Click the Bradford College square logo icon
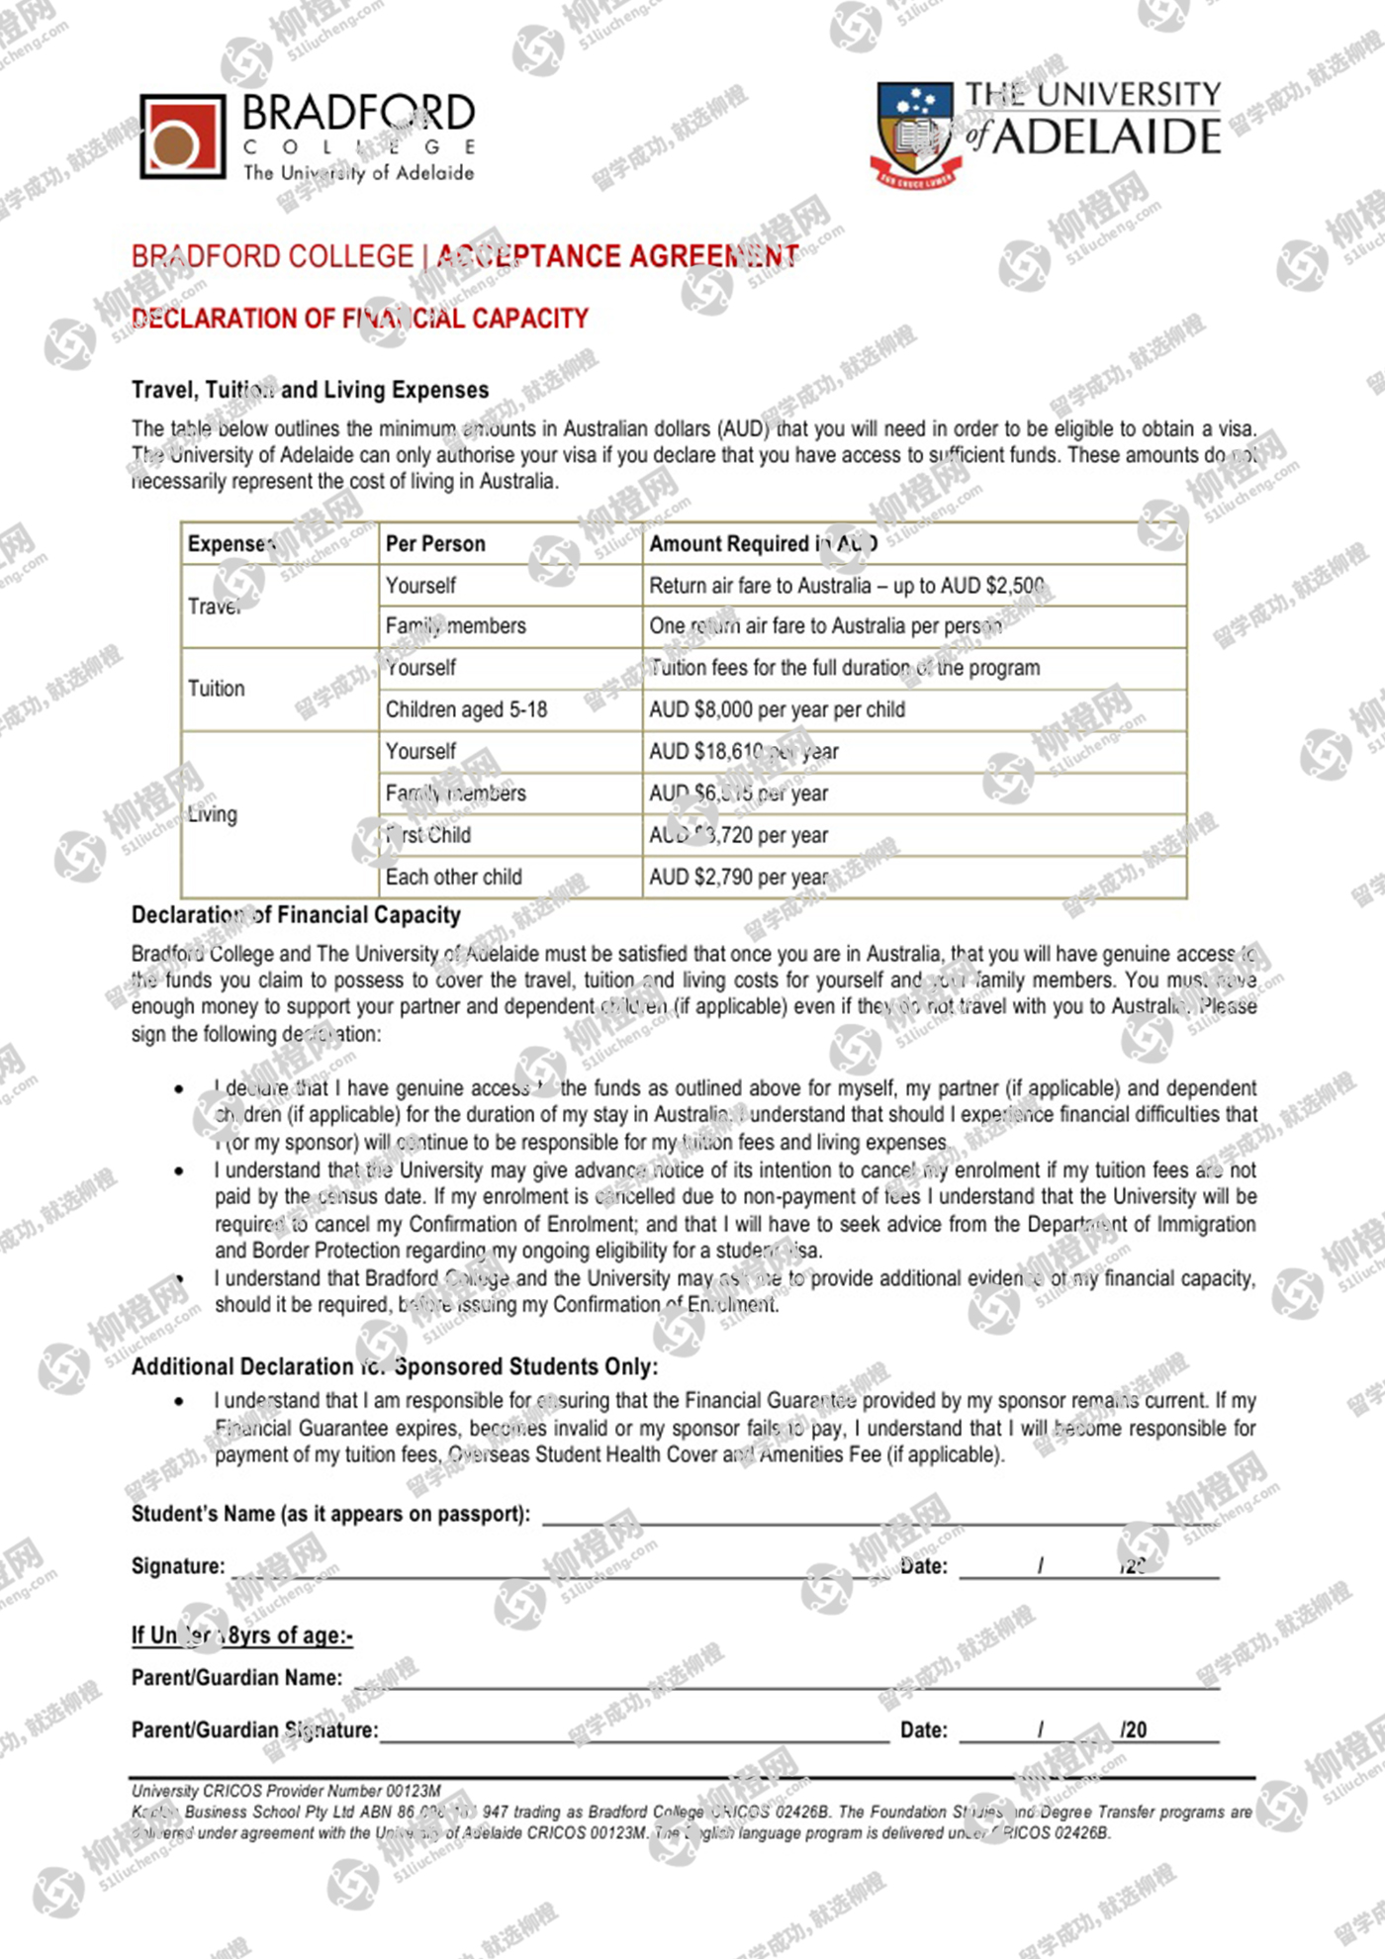click(x=182, y=137)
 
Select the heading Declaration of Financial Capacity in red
click(x=360, y=319)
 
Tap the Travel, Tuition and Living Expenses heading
click(x=310, y=390)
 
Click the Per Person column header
click(x=435, y=543)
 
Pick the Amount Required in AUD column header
click(x=763, y=543)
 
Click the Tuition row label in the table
click(x=217, y=689)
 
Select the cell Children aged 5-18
click(x=466, y=709)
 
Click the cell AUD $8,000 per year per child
click(x=777, y=709)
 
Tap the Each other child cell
click(x=453, y=877)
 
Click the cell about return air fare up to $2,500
click(x=847, y=586)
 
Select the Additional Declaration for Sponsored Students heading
click(x=394, y=1366)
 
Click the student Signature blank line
click(x=554, y=1566)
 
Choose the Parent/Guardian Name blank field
click(x=786, y=1678)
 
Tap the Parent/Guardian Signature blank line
click(x=633, y=1730)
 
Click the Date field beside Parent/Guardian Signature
click(x=1088, y=1730)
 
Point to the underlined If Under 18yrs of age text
click(x=241, y=1635)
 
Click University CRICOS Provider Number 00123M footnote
click(x=286, y=1791)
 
